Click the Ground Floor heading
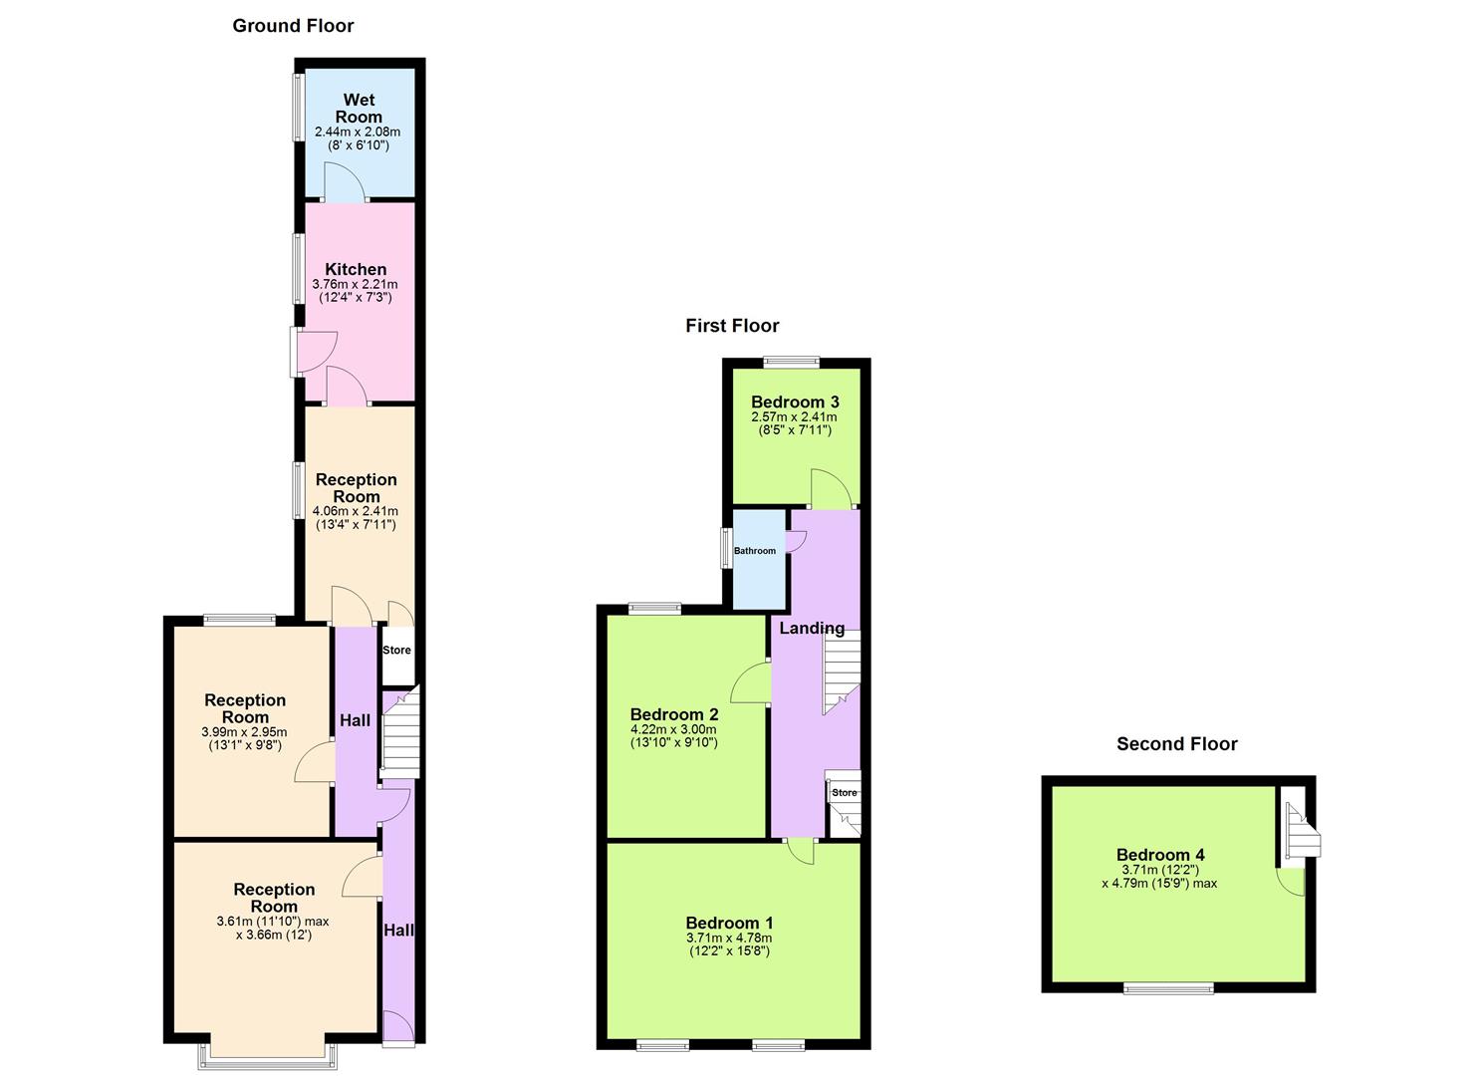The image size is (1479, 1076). [293, 26]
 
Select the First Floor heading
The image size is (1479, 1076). [732, 326]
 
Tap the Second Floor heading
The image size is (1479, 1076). [1176, 744]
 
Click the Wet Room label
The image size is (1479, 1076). [359, 108]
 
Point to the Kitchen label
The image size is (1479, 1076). [356, 269]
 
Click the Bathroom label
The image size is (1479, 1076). [755, 551]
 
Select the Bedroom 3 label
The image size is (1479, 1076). [795, 403]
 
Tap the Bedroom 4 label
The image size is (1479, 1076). [1160, 855]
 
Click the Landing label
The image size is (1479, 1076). [812, 628]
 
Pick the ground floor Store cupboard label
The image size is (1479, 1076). [396, 651]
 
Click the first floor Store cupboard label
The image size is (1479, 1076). [845, 793]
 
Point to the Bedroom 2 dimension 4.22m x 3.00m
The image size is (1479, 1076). [674, 729]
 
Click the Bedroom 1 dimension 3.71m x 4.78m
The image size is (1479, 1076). [729, 938]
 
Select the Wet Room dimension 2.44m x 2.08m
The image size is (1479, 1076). [358, 132]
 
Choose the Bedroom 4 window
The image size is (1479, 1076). [1168, 988]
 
